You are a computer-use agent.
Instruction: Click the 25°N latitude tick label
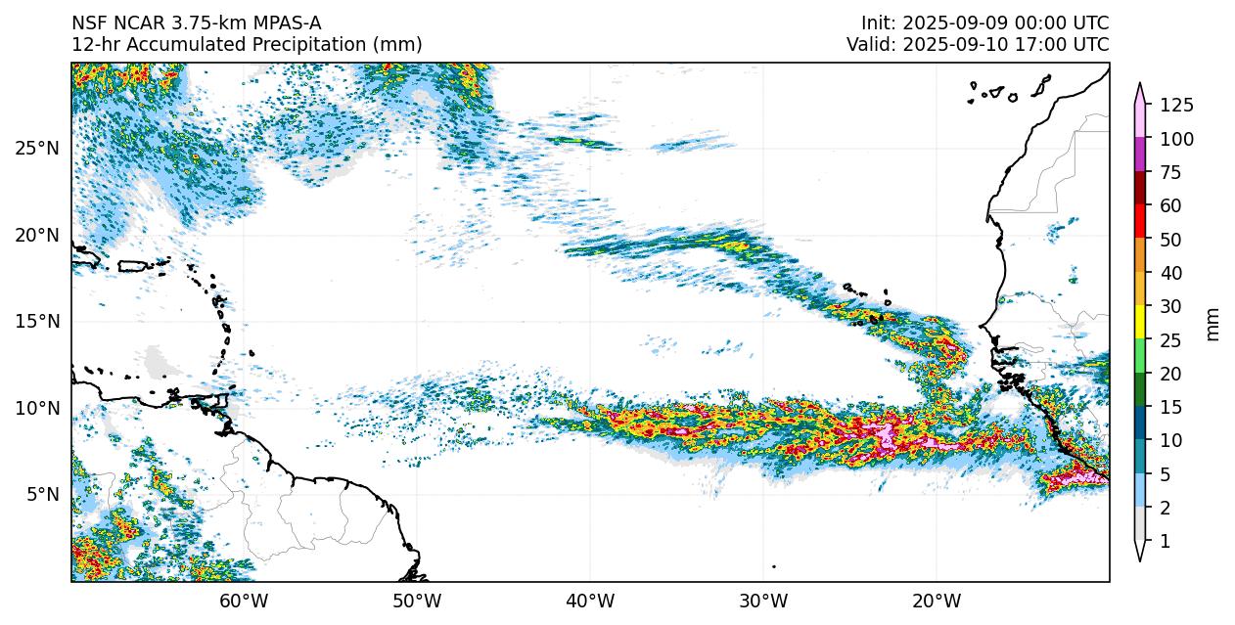coord(37,148)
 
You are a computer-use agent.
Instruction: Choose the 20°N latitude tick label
coord(37,235)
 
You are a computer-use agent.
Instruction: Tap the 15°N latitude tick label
coord(37,321)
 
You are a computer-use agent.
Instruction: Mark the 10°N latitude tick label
coord(37,408)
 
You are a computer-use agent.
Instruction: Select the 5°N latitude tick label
coord(41,494)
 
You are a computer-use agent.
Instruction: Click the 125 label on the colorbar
coord(1176,106)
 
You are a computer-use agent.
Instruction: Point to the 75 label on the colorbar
coord(1171,173)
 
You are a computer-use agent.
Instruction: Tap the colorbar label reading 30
coord(1171,307)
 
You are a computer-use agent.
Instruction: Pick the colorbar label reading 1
coord(1166,541)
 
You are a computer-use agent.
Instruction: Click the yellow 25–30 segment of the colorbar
coord(1140,322)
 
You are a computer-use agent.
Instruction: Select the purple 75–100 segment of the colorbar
coord(1140,156)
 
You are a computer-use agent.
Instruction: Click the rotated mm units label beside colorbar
coord(1213,324)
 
